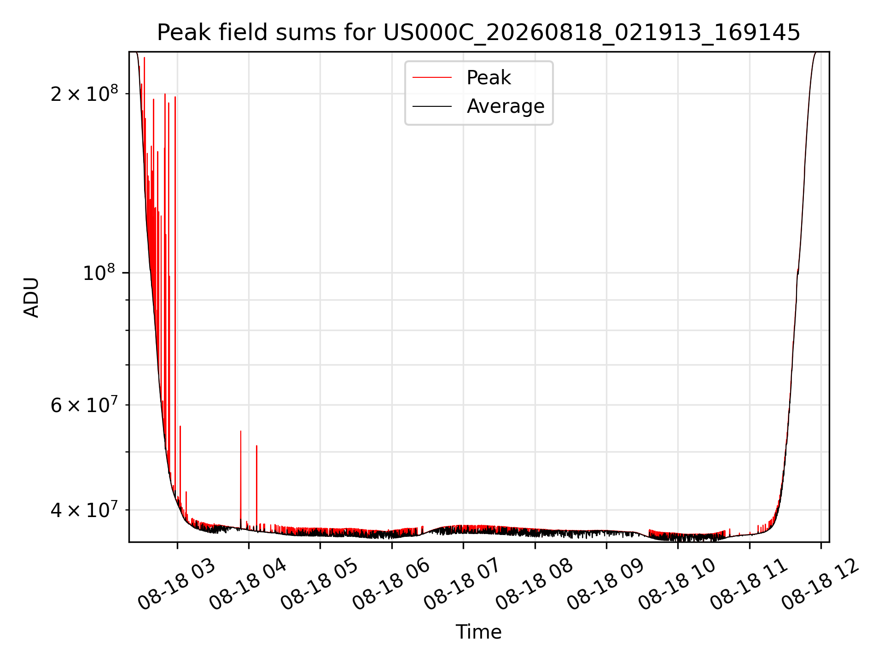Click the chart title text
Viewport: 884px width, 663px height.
(x=479, y=33)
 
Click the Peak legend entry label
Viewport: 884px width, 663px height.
(x=489, y=78)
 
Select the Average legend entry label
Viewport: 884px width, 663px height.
(x=506, y=106)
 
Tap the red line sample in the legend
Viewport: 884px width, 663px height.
(x=432, y=78)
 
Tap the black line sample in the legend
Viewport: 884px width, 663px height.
(x=432, y=106)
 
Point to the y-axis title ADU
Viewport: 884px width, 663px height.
(x=31, y=297)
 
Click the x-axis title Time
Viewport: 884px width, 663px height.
(x=479, y=632)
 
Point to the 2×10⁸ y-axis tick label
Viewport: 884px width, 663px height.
(x=84, y=93)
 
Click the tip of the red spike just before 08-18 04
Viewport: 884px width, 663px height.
(x=240, y=431)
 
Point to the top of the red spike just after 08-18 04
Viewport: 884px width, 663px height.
(x=256, y=446)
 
